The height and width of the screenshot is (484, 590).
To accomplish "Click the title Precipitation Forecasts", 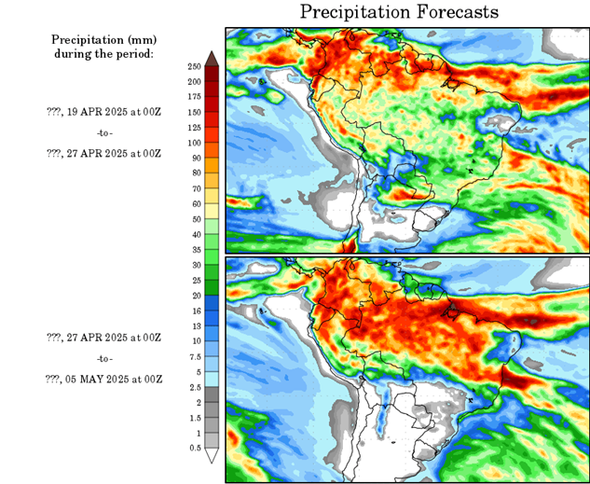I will click(399, 12).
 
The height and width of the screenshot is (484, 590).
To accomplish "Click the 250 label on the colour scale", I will click(194, 67).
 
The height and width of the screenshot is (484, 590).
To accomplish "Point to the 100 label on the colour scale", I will click(194, 143).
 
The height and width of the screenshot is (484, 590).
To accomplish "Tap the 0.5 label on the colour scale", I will click(194, 449).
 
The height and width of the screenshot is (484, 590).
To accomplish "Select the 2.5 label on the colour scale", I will click(194, 387).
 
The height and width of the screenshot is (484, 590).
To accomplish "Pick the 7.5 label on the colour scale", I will click(194, 356).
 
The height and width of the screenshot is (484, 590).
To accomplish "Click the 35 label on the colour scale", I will click(194, 250).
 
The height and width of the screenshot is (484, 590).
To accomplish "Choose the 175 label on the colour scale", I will click(194, 97).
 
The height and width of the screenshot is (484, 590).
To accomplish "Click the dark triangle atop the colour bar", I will click(213, 59).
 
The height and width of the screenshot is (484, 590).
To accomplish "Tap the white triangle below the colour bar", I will click(213, 456).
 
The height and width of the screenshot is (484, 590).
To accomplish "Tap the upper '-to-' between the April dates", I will click(104, 132).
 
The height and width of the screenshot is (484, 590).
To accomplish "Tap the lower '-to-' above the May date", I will click(104, 358).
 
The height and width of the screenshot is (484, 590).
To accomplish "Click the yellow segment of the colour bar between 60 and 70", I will click(213, 196).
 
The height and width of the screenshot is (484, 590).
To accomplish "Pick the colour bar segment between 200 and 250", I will click(213, 75).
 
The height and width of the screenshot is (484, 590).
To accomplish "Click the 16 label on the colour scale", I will click(194, 311).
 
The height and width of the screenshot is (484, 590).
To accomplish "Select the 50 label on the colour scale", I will click(194, 219).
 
